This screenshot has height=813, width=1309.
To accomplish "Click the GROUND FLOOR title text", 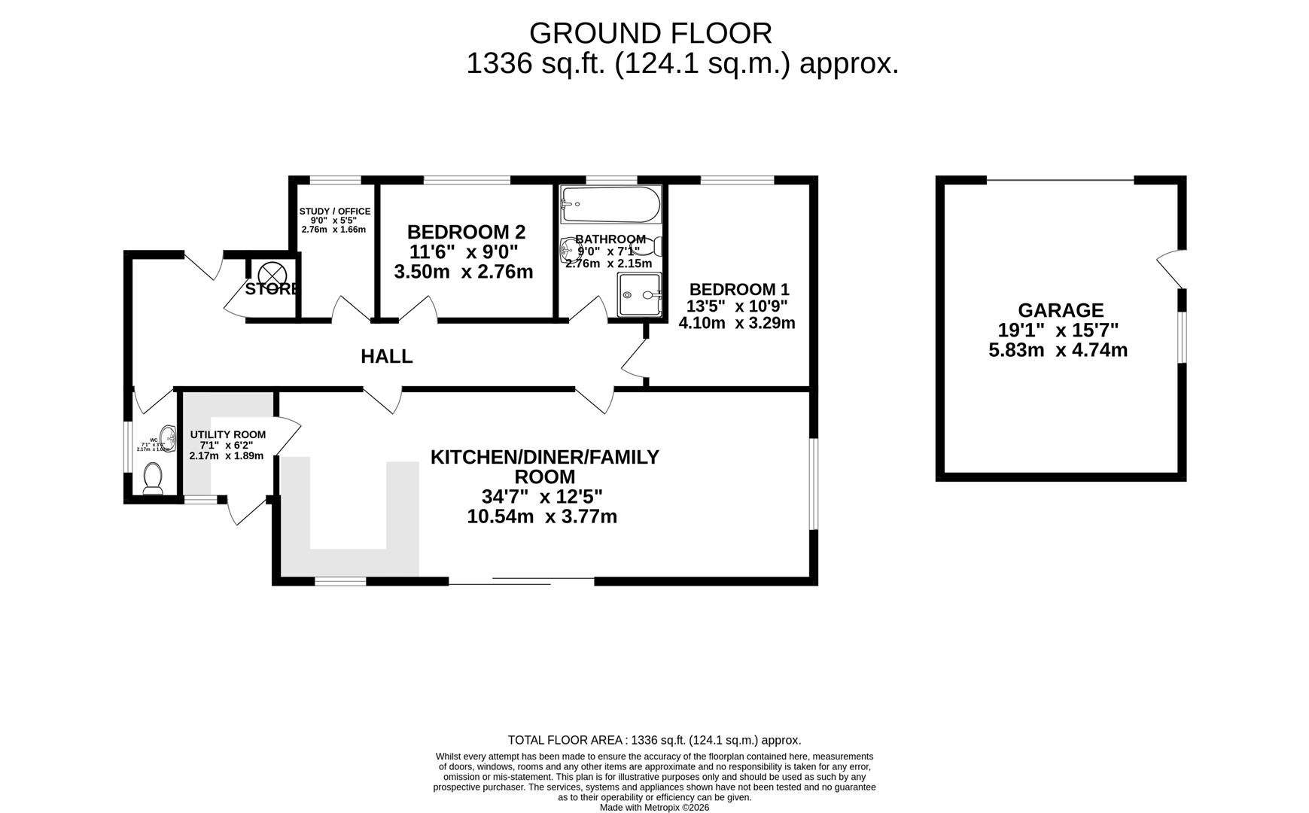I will [650, 33].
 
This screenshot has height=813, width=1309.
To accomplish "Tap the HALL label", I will [386, 356].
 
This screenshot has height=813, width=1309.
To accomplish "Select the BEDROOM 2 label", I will [466, 232].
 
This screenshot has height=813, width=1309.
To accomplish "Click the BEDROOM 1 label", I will [738, 289].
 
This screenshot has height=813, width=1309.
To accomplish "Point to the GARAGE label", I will [1060, 310].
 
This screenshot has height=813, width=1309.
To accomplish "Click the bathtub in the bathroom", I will [610, 204].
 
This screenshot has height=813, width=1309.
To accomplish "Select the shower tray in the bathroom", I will [640, 295].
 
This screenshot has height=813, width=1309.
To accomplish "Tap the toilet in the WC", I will [153, 479].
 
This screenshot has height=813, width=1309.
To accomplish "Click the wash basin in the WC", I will [167, 438].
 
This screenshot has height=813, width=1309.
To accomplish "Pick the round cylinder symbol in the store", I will [269, 272].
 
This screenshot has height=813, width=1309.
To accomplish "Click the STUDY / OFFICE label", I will [334, 212].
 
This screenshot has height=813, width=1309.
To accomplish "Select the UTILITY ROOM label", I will [227, 434].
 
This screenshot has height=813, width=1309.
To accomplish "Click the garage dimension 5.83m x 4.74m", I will [1058, 350].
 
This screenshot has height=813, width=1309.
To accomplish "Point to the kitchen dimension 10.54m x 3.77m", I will [542, 517].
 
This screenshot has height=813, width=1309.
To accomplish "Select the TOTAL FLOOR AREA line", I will [654, 740].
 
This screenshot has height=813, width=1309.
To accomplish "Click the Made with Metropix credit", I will [654, 807].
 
